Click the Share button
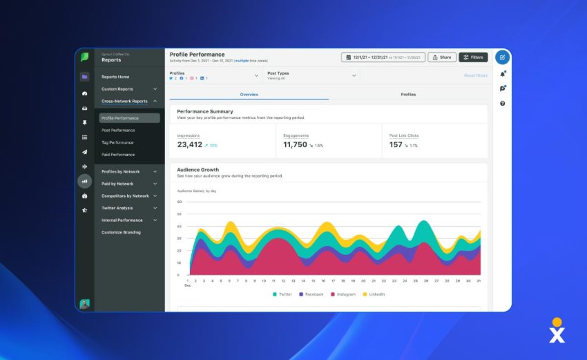coord(441,57)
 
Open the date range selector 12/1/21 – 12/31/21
coord(383,57)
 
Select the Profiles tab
coord(408,94)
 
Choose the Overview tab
coord(249,94)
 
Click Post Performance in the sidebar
coord(118,130)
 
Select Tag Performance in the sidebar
coord(117,142)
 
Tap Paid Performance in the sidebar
coord(118,155)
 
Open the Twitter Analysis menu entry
coord(117,208)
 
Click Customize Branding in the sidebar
coord(121,232)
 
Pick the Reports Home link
coord(115,77)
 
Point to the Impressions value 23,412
coord(190,145)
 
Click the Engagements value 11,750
coord(295,145)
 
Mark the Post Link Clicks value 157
coord(396,145)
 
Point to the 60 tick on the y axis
coord(179,202)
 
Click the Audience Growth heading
coord(198,169)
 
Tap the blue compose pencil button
coord(502,57)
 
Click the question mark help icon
coord(502,103)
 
